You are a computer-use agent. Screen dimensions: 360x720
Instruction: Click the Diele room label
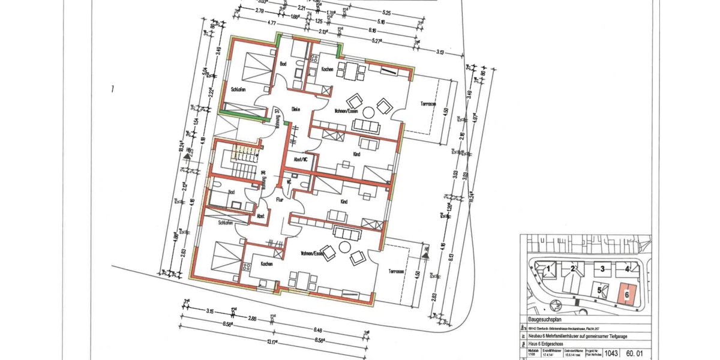pos(295,109)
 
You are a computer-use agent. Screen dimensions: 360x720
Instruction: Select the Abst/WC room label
pos(300,160)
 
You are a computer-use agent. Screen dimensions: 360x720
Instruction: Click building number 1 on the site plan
pos(548,269)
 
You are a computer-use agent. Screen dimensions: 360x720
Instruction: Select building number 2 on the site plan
pos(573,268)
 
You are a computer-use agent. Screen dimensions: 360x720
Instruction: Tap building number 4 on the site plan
pos(626,268)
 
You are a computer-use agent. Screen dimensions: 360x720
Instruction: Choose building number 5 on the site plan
pos(599,290)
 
